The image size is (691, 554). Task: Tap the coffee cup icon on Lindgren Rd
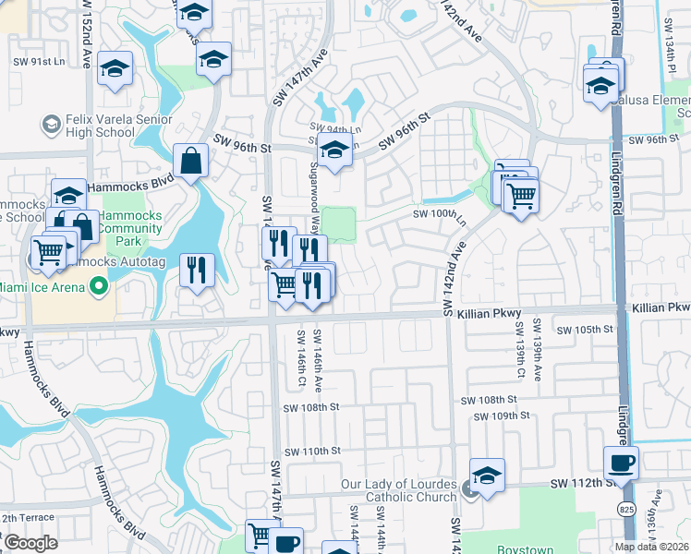click(x=621, y=463)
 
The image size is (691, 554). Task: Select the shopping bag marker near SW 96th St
click(x=189, y=162)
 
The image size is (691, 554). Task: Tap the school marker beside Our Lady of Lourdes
click(x=487, y=476)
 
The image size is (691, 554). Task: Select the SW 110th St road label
click(x=313, y=451)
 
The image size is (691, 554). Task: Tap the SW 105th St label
click(x=586, y=329)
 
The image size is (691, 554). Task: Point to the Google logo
click(x=30, y=543)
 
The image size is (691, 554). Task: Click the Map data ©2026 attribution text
click(x=650, y=547)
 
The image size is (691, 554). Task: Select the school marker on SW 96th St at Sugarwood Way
click(x=334, y=151)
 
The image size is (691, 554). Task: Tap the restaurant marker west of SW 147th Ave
click(x=196, y=270)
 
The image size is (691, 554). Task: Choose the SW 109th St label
click(x=500, y=416)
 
